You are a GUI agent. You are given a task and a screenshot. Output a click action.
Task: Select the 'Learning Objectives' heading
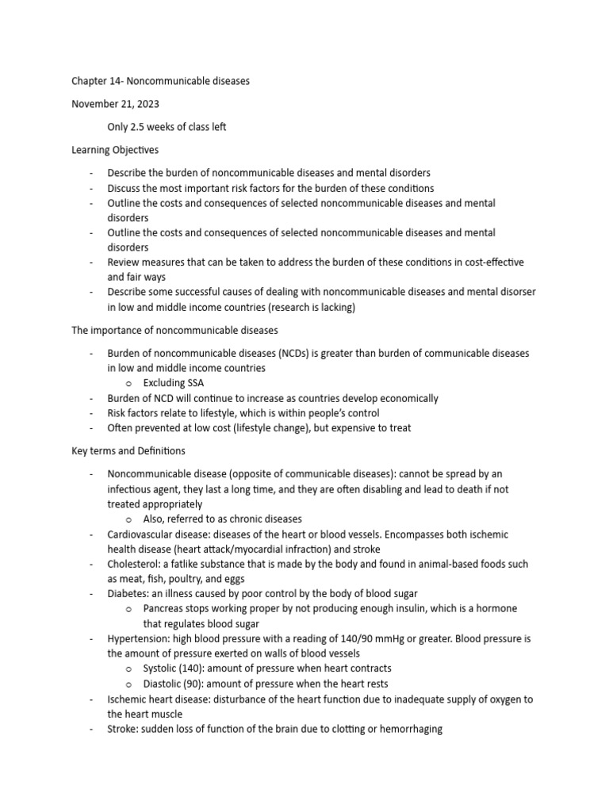pos(115,149)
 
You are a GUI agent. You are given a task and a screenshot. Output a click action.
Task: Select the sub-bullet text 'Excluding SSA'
pos(174,383)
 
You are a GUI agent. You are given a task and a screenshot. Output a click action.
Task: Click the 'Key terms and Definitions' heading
pos(128,451)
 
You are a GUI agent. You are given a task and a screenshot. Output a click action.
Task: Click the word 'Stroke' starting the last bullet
pos(123,729)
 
